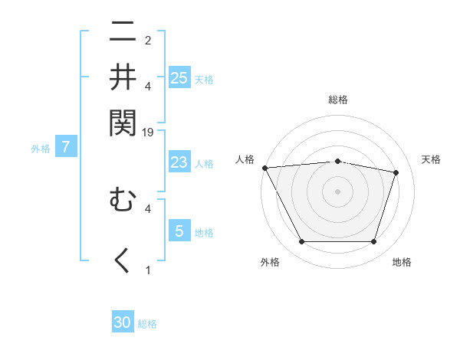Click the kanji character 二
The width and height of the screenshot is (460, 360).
[x=123, y=34]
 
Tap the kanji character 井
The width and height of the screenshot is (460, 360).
[x=123, y=77]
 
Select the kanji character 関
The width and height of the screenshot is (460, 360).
[x=123, y=121]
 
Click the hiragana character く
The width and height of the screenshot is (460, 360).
[x=123, y=261]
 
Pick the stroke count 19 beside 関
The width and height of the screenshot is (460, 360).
[x=148, y=132]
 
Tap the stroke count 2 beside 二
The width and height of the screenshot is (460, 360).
[x=148, y=40]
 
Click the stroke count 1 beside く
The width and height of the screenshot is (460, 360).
[x=148, y=270]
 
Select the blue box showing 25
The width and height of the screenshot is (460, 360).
[x=179, y=77]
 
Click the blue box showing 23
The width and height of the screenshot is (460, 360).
[x=179, y=162]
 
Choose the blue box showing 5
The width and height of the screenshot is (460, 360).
[x=179, y=231]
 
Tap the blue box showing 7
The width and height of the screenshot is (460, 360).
[x=66, y=147]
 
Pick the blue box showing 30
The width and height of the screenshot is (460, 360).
[x=123, y=322]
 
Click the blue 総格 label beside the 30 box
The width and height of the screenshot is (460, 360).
[x=147, y=324]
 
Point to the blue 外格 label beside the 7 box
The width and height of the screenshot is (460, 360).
[x=40, y=149]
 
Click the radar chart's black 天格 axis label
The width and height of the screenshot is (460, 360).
[x=431, y=159]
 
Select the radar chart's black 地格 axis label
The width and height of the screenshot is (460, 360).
[x=402, y=262]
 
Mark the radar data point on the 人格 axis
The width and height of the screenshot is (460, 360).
[x=264, y=168]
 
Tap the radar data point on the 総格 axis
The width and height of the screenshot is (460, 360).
[x=337, y=161]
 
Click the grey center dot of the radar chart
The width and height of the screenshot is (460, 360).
[x=337, y=191]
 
